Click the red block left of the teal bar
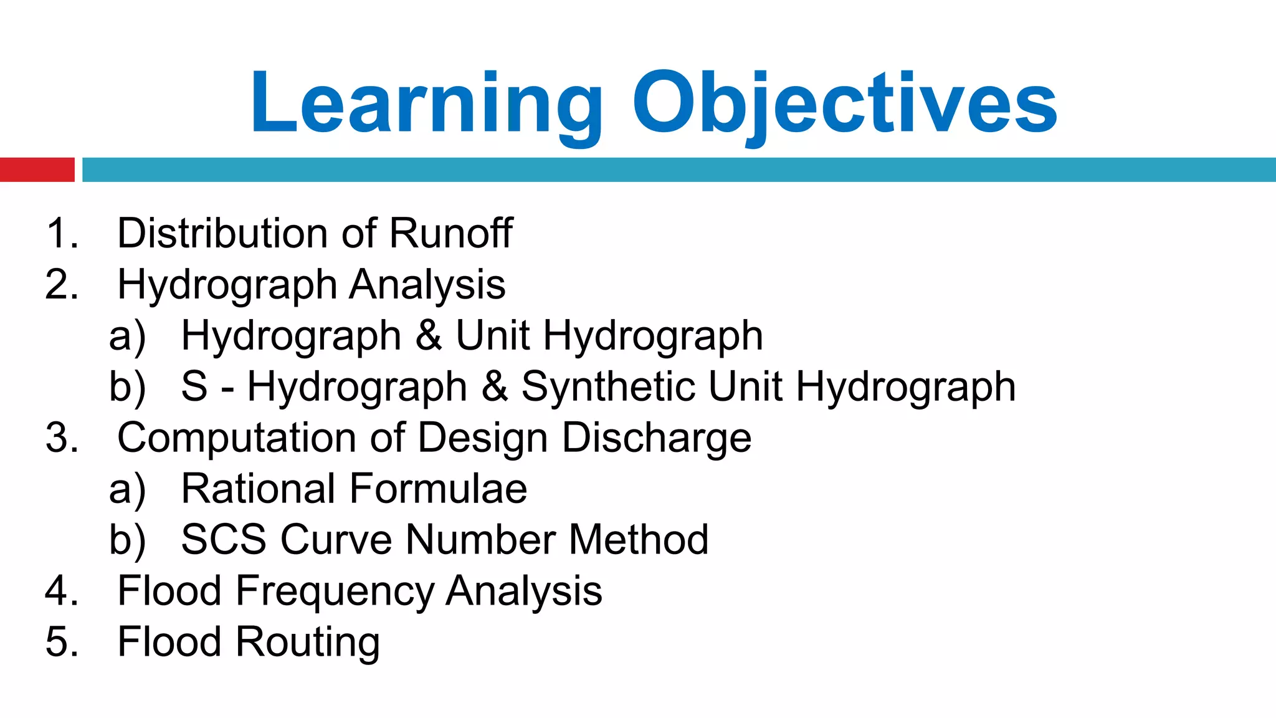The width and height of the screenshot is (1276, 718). pyautogui.click(x=37, y=170)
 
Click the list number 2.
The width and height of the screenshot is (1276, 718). pyautogui.click(x=61, y=285)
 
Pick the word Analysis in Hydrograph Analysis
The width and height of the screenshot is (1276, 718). pyautogui.click(x=427, y=285)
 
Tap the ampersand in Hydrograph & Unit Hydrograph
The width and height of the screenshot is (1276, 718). pyautogui.click(x=429, y=335)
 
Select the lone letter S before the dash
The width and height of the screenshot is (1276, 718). pyautogui.click(x=194, y=386)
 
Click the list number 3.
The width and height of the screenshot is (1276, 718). pyautogui.click(x=61, y=438)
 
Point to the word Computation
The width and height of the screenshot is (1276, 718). pyautogui.click(x=237, y=438)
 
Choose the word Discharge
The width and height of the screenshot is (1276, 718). pyautogui.click(x=657, y=438)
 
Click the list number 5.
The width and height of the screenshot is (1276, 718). pyautogui.click(x=61, y=642)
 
